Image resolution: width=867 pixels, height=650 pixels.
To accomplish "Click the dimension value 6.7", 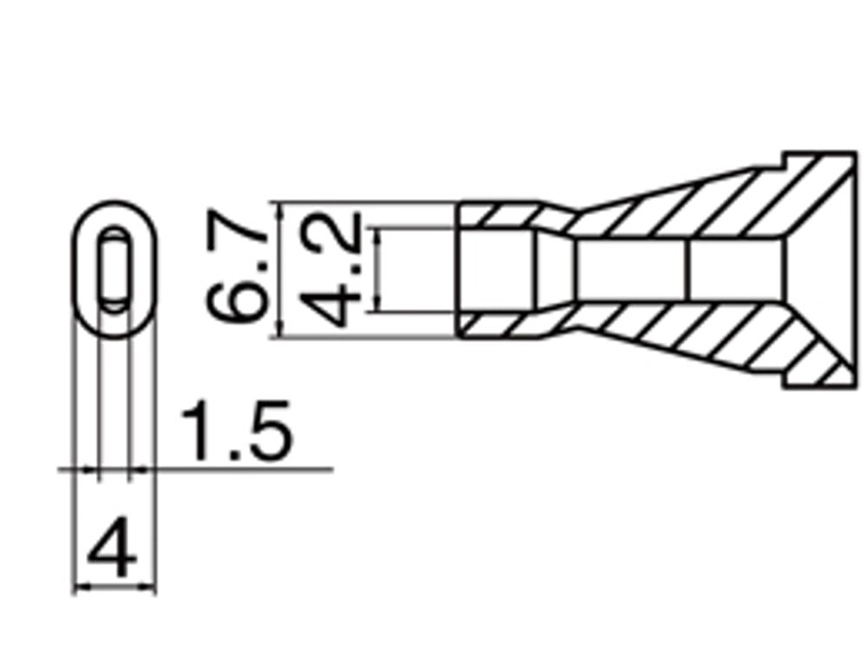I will tap(236, 271).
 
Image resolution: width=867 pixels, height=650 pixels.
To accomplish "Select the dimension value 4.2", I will tap(333, 270).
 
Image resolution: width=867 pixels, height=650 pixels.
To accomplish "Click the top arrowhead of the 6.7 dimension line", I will tap(278, 208).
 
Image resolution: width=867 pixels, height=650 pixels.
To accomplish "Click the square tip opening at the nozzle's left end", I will tap(494, 270).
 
